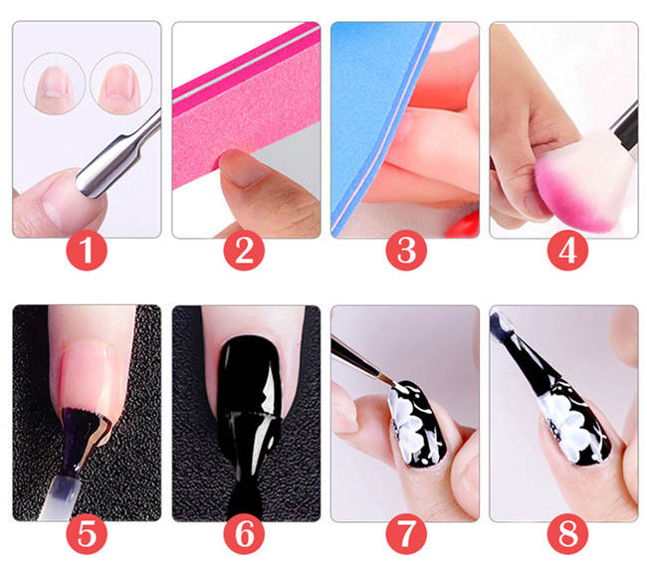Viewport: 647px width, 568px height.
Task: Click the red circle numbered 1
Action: point(87,252)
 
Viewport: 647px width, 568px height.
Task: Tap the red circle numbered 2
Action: point(246,252)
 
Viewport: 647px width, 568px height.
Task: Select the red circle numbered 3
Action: point(405,252)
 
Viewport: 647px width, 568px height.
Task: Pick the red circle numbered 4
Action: point(564,252)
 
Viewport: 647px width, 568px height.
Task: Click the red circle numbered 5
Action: point(87,535)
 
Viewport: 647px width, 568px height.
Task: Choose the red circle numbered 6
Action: point(246,535)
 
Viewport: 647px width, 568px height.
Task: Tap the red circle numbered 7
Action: point(405,535)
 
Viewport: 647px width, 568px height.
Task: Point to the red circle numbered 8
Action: point(564,535)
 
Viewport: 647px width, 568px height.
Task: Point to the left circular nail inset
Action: point(49,81)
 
